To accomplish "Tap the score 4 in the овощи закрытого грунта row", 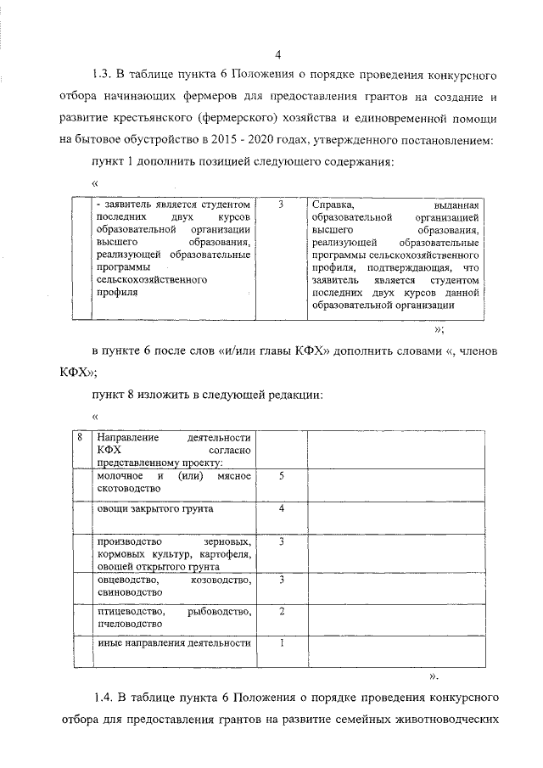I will point(281,509).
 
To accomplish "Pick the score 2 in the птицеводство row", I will point(281,611).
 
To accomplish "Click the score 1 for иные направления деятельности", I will point(281,642).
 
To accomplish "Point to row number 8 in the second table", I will point(79,438).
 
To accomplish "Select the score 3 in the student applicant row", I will point(281,205).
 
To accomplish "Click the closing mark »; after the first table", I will point(439,329).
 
